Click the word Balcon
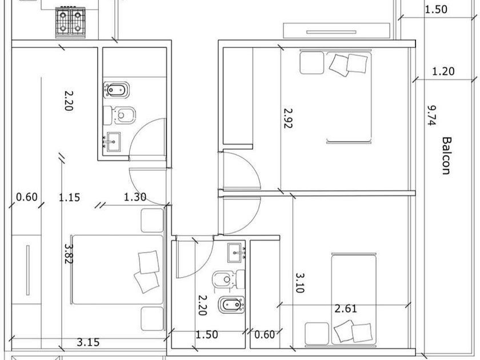447,155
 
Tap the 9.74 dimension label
432,115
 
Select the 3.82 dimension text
69,254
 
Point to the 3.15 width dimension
88,342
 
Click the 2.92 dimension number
289,118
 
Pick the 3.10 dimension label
299,283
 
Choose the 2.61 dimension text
346,308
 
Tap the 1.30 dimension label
135,197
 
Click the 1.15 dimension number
70,197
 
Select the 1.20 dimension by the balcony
443,71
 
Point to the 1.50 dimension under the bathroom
207,335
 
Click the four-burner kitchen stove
70,23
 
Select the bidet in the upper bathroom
117,90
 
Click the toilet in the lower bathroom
229,279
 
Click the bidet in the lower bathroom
231,305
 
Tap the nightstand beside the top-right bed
311,63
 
